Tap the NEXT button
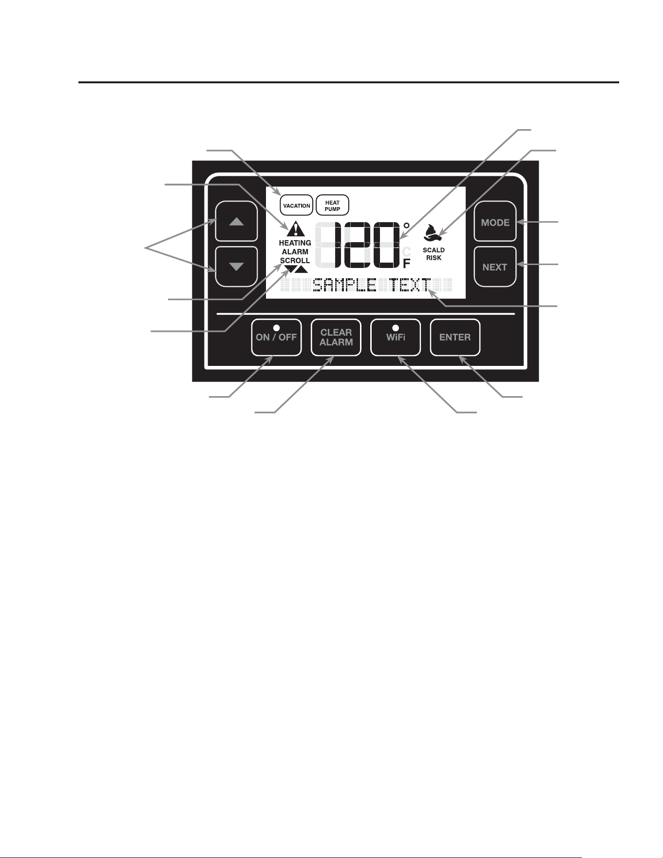pyautogui.click(x=495, y=267)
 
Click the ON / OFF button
pyautogui.click(x=276, y=337)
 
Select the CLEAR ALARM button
pyautogui.click(x=336, y=337)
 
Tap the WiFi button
pyautogui.click(x=396, y=337)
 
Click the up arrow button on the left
pyautogui.click(x=236, y=221)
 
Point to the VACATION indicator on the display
pyautogui.click(x=297, y=206)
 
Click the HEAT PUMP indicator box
pyautogui.click(x=333, y=206)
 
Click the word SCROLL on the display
pyautogui.click(x=295, y=261)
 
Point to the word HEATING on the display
pyautogui.click(x=295, y=243)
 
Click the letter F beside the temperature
pyautogui.click(x=407, y=264)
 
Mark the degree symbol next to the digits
pyautogui.click(x=406, y=226)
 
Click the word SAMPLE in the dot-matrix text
pyautogui.click(x=344, y=285)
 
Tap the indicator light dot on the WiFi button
pyautogui.click(x=396, y=327)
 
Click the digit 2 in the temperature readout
pyautogui.click(x=359, y=245)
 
